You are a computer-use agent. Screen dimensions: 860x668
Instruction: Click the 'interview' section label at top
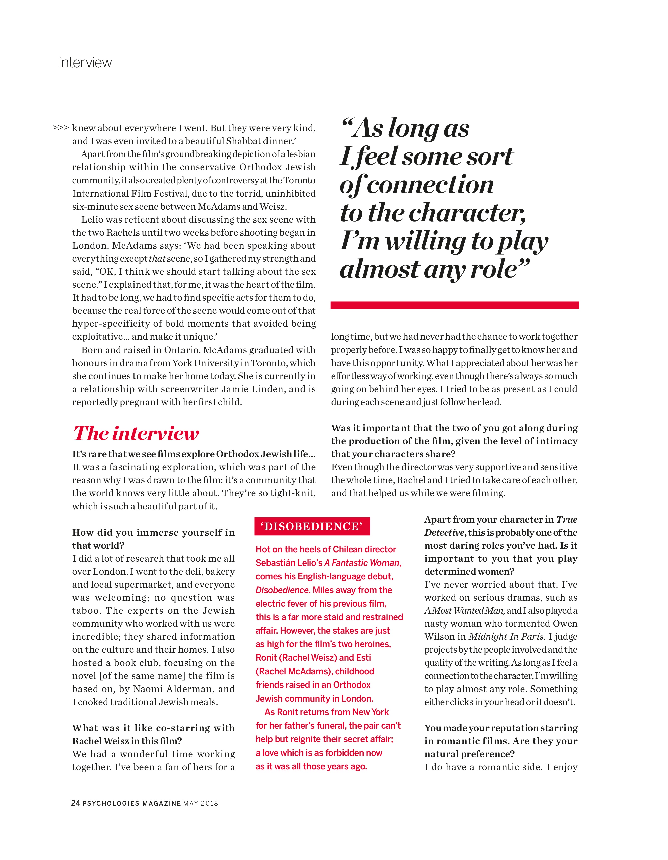point(85,63)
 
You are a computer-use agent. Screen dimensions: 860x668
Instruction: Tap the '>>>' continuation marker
point(61,128)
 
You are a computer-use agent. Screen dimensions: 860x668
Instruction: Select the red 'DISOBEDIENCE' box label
point(312,527)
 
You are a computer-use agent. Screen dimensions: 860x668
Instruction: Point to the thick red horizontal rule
point(455,305)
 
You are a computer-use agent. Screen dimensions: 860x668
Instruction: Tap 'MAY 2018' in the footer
point(200,804)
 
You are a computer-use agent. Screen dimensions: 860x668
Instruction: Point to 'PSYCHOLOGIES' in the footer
point(111,804)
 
